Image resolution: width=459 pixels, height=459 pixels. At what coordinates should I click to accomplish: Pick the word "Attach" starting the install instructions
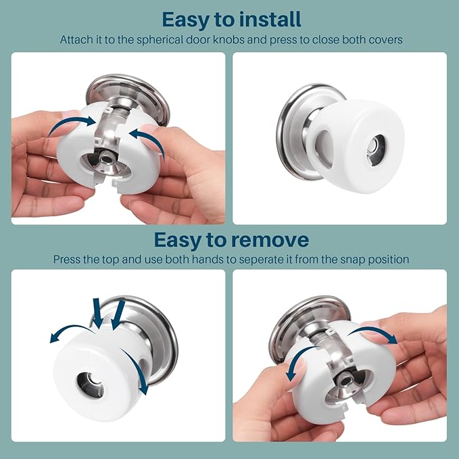76,39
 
